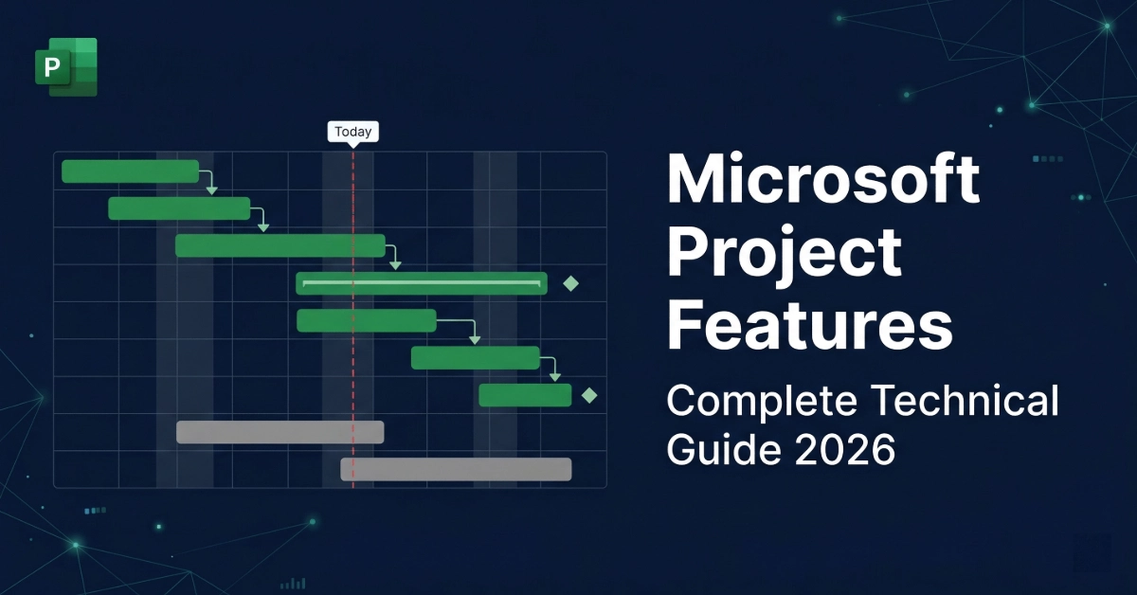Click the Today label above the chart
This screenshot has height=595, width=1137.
click(x=352, y=133)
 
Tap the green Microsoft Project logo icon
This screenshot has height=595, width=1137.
click(x=65, y=66)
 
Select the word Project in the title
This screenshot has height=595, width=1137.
click(x=784, y=251)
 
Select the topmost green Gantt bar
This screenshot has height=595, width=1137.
click(x=130, y=171)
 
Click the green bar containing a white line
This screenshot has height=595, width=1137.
click(x=422, y=283)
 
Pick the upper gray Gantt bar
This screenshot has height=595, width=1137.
click(x=280, y=432)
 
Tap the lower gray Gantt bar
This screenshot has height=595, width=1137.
click(x=456, y=469)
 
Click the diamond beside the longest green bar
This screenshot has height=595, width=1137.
click(x=570, y=283)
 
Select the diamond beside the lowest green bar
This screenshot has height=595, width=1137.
click(x=589, y=395)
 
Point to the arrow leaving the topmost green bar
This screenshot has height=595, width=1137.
click(x=210, y=183)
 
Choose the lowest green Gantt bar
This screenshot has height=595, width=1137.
click(x=525, y=395)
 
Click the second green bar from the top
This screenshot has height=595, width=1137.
click(x=179, y=208)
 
